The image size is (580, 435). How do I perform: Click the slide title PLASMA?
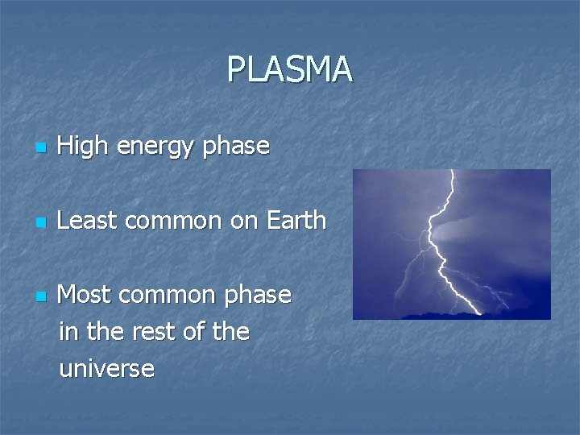coord(289,69)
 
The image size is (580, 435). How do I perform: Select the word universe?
coord(106,369)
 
